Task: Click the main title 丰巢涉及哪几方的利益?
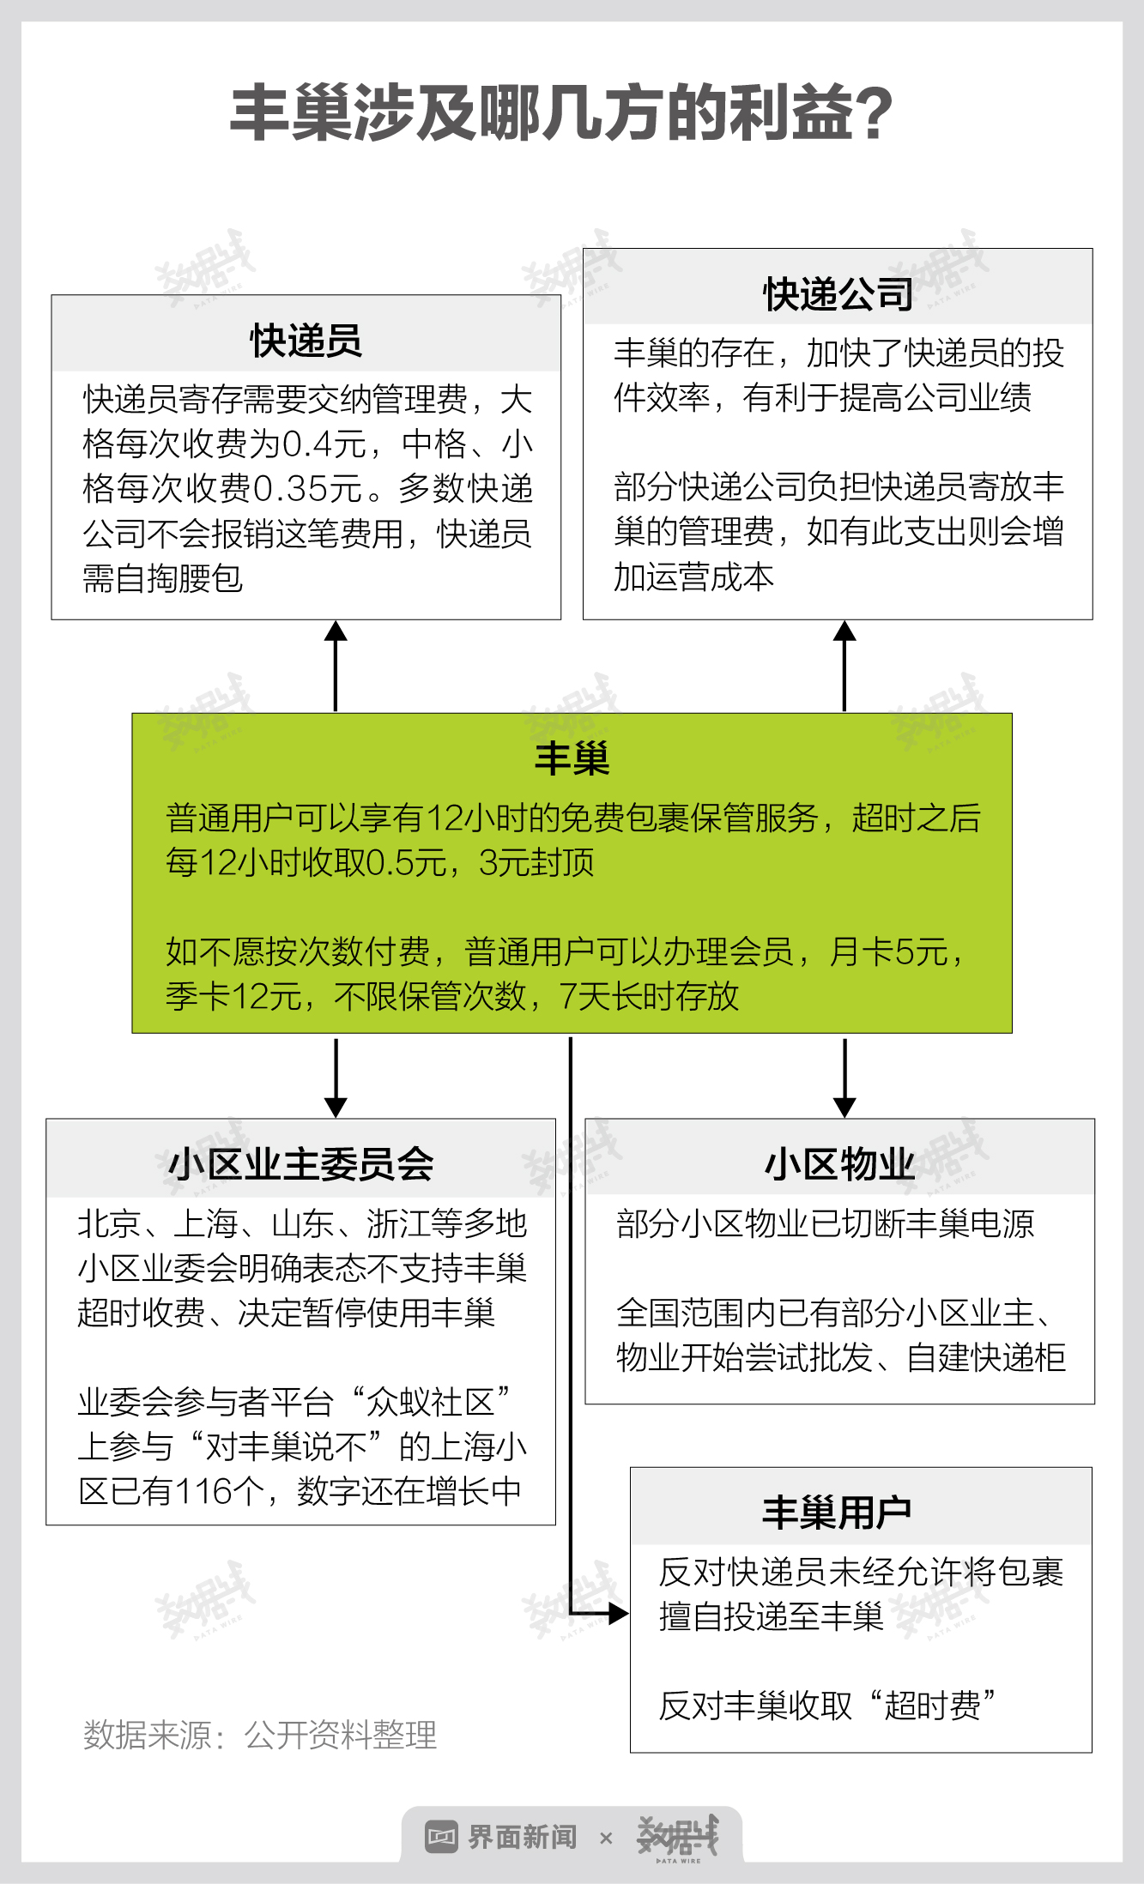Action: point(562,113)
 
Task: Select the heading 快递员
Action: point(306,341)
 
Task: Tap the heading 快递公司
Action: point(838,294)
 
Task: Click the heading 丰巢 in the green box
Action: point(572,758)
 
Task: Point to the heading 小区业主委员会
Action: point(300,1164)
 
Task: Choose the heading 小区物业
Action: point(838,1164)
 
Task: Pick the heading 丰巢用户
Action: point(837,1512)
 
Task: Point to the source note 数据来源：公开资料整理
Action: point(259,1735)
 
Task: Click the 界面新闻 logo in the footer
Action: point(502,1837)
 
